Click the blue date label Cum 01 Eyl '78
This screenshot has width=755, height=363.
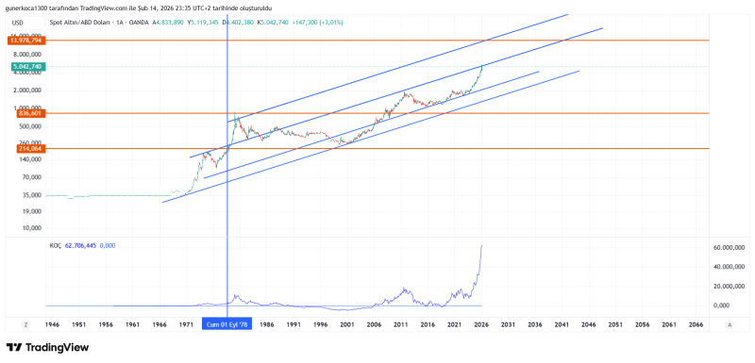(x=227, y=323)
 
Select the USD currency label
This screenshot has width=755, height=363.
(x=17, y=22)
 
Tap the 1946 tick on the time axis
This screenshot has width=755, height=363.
(x=53, y=323)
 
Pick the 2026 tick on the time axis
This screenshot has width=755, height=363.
(x=481, y=323)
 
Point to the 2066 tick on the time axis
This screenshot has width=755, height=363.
(x=696, y=323)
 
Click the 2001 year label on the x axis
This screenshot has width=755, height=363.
(x=347, y=323)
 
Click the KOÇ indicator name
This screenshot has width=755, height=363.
(x=55, y=245)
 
